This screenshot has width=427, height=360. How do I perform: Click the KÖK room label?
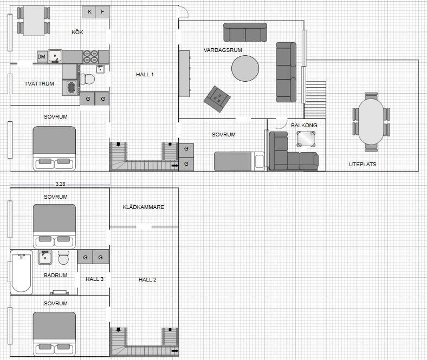[x=77, y=32]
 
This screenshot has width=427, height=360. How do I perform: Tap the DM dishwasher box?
[x=42, y=57]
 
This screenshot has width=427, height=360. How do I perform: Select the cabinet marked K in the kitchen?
[x=89, y=12]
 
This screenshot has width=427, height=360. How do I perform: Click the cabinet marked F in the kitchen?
[x=102, y=12]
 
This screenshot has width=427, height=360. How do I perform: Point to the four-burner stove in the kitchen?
[x=90, y=57]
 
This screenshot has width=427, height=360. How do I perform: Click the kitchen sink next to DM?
[x=55, y=56]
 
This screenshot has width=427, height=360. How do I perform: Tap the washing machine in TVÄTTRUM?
[x=71, y=87]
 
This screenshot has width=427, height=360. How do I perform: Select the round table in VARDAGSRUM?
[x=245, y=68]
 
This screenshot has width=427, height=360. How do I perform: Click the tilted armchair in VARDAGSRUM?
[x=217, y=99]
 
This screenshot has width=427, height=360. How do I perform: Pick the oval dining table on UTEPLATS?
[x=371, y=121]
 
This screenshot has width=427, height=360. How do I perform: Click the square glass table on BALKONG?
[x=306, y=139]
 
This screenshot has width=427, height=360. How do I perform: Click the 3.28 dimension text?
[x=61, y=184]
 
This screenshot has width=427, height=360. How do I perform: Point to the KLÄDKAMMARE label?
[x=143, y=207]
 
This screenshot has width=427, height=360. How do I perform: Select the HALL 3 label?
[x=94, y=279]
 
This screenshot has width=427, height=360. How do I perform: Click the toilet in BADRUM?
[x=64, y=258]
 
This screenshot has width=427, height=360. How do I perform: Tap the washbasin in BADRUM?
[x=45, y=258]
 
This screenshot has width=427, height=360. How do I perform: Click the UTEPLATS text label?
[x=363, y=165]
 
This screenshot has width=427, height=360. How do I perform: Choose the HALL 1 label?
[x=145, y=74]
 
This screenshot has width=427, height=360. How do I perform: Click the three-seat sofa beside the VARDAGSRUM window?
[x=286, y=73]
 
